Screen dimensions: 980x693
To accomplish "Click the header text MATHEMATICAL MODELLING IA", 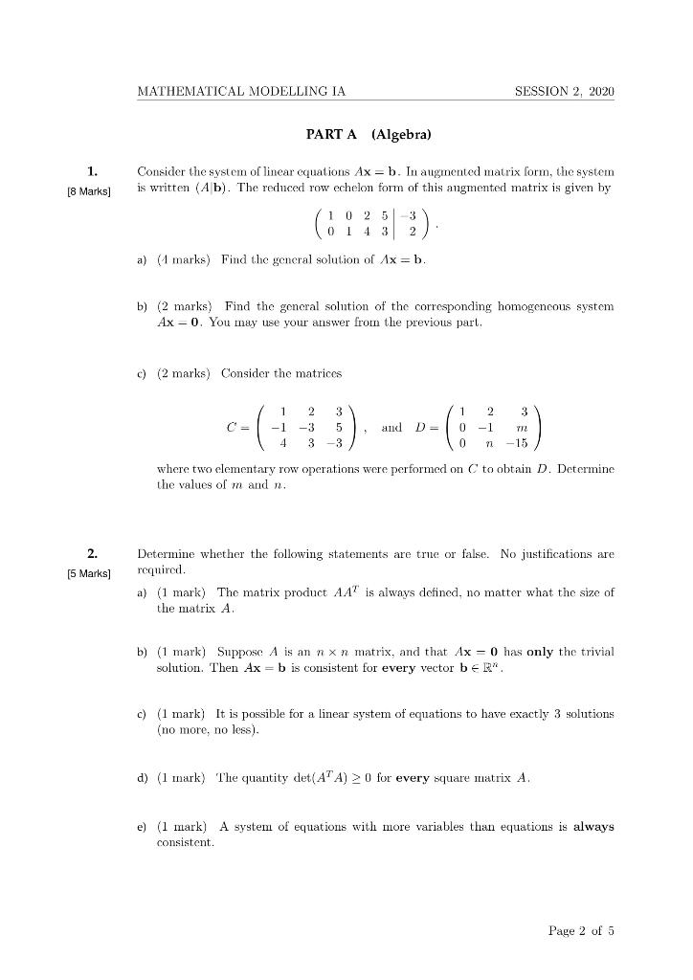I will tap(241, 92).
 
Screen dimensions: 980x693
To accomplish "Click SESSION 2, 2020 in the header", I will tap(564, 92).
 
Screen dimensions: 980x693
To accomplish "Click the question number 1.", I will tap(92, 171).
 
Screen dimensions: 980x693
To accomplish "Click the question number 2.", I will tap(92, 553).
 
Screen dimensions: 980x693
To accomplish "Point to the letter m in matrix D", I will tap(522, 426).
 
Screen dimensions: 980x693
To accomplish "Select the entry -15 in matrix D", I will tap(518, 444).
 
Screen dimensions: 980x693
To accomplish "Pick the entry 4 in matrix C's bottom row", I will tap(282, 444).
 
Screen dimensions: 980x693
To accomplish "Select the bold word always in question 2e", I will tap(593, 826).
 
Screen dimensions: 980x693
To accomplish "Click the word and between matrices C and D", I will tap(391, 427).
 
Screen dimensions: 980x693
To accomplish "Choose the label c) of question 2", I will tap(145, 714).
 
